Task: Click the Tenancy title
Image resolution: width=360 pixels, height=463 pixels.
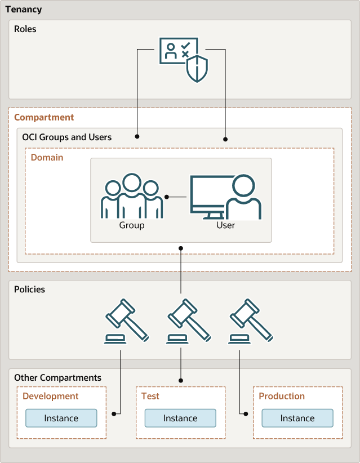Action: (x=23, y=10)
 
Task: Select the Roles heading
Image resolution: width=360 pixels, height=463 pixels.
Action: (x=25, y=29)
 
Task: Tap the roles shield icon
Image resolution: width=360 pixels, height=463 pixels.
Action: (x=184, y=60)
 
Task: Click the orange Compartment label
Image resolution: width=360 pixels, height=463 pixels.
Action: (x=44, y=117)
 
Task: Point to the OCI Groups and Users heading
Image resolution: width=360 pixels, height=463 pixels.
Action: (x=66, y=137)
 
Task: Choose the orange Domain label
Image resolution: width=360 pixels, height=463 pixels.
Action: (x=47, y=158)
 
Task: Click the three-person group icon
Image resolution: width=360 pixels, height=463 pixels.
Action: (x=132, y=197)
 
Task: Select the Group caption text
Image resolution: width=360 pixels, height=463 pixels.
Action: (x=132, y=225)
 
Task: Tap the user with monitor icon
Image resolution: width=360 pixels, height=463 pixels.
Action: (x=225, y=197)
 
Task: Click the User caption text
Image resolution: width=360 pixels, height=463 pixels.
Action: (x=225, y=225)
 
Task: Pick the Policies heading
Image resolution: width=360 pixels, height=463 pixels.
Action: (x=29, y=290)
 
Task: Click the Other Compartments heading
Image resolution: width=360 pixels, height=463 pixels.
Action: (x=57, y=377)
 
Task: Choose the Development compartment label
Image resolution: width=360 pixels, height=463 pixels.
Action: (x=51, y=396)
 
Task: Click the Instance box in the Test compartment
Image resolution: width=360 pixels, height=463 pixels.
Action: (x=180, y=419)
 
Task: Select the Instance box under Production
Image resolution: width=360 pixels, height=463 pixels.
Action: (x=297, y=419)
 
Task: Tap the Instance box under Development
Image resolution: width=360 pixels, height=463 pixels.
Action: (x=61, y=419)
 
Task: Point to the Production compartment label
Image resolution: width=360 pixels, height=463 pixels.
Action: (x=282, y=396)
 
